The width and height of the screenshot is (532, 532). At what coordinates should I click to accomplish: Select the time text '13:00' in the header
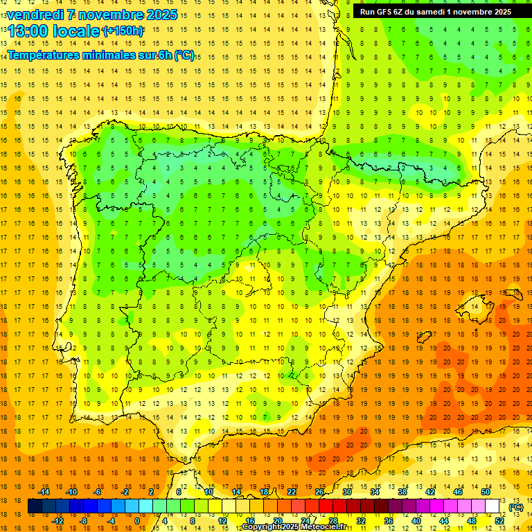point(28,30)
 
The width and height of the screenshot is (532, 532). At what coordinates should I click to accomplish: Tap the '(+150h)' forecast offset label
point(123,31)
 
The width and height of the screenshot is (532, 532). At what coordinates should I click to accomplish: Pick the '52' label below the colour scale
point(499,521)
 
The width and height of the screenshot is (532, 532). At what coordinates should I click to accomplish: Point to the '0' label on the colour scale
point(137,521)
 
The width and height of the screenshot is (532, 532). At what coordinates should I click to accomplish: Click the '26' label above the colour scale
point(319,492)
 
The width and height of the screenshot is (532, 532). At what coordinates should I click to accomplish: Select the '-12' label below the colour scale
point(58,521)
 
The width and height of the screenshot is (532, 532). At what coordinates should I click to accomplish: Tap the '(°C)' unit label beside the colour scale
point(516,507)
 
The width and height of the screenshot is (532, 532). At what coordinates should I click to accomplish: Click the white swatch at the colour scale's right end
point(493,506)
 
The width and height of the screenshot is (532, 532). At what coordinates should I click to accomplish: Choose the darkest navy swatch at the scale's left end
point(35,506)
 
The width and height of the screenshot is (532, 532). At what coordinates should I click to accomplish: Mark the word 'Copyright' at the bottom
point(262,527)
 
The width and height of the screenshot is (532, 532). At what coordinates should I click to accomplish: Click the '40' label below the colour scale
point(416,521)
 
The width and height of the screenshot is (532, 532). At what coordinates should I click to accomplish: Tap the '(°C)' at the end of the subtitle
point(184,55)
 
